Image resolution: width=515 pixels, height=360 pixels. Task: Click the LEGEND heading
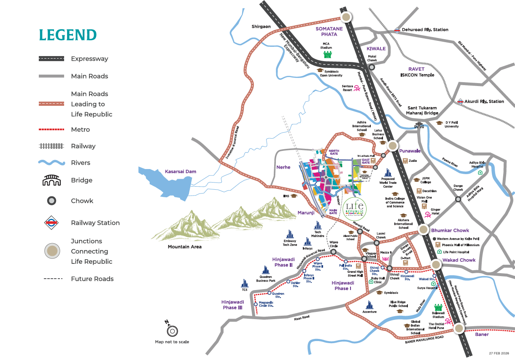point(67,35)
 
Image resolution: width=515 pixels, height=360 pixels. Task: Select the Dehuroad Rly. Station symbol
point(397,30)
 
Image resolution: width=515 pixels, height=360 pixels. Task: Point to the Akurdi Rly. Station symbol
point(460,102)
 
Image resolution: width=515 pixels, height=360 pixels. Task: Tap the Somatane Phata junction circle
point(346,17)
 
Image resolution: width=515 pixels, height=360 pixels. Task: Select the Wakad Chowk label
point(459,260)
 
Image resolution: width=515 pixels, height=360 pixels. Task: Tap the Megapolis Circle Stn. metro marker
point(256,304)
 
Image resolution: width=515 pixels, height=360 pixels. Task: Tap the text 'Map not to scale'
point(172,342)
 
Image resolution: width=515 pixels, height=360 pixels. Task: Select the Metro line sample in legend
point(51,129)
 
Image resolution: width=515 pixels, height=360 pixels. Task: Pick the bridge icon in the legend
point(51,180)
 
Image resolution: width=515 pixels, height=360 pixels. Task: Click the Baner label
point(482,334)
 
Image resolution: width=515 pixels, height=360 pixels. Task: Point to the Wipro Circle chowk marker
point(333,252)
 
